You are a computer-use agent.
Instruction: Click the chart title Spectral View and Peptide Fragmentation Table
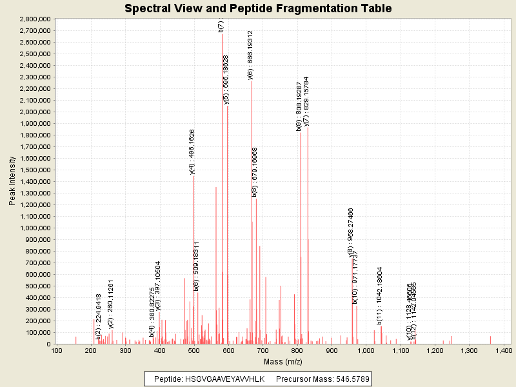tap(258, 8)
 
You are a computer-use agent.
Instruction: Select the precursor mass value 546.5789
tap(350, 379)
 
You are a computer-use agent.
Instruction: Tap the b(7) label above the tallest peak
tap(221, 26)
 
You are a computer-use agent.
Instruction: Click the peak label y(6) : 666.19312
tap(251, 55)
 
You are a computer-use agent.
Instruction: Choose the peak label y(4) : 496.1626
tap(192, 152)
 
